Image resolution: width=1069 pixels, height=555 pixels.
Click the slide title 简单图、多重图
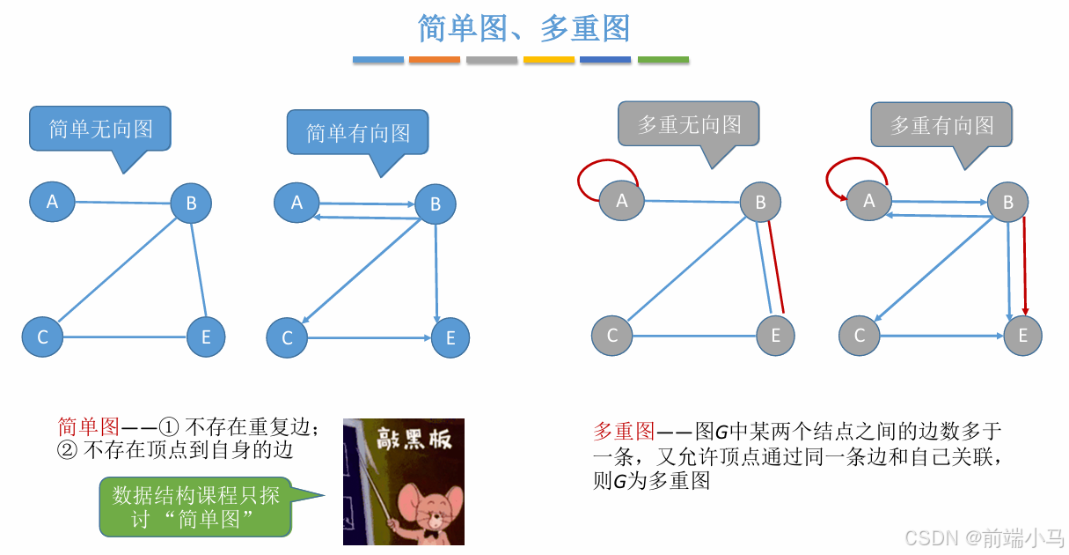pyautogui.click(x=524, y=28)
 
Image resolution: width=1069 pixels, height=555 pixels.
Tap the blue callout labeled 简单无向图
pyautogui.click(x=100, y=129)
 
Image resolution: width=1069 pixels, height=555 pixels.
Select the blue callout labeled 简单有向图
pyautogui.click(x=357, y=133)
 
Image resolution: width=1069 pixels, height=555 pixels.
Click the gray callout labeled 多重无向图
pyautogui.click(x=688, y=124)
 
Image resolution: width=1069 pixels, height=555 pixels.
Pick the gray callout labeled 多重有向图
pyautogui.click(x=941, y=125)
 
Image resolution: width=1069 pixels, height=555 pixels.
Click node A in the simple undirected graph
pyautogui.click(x=52, y=202)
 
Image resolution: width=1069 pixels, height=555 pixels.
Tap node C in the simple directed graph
pyautogui.click(x=287, y=338)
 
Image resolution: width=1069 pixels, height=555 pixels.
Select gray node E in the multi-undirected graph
pyautogui.click(x=775, y=335)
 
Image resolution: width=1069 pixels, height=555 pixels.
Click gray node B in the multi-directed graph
pyautogui.click(x=1008, y=203)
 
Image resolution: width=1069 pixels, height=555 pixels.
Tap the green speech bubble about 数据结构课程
pyautogui.click(x=195, y=507)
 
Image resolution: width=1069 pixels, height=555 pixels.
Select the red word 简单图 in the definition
pyautogui.click(x=88, y=427)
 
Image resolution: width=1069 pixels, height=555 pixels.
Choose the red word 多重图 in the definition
pyautogui.click(x=624, y=431)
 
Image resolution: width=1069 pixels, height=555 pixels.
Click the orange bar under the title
pyautogui.click(x=435, y=60)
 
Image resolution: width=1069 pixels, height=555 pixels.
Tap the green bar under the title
pyautogui.click(x=663, y=60)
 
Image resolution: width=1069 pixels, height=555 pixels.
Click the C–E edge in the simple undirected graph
pyautogui.click(x=125, y=337)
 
